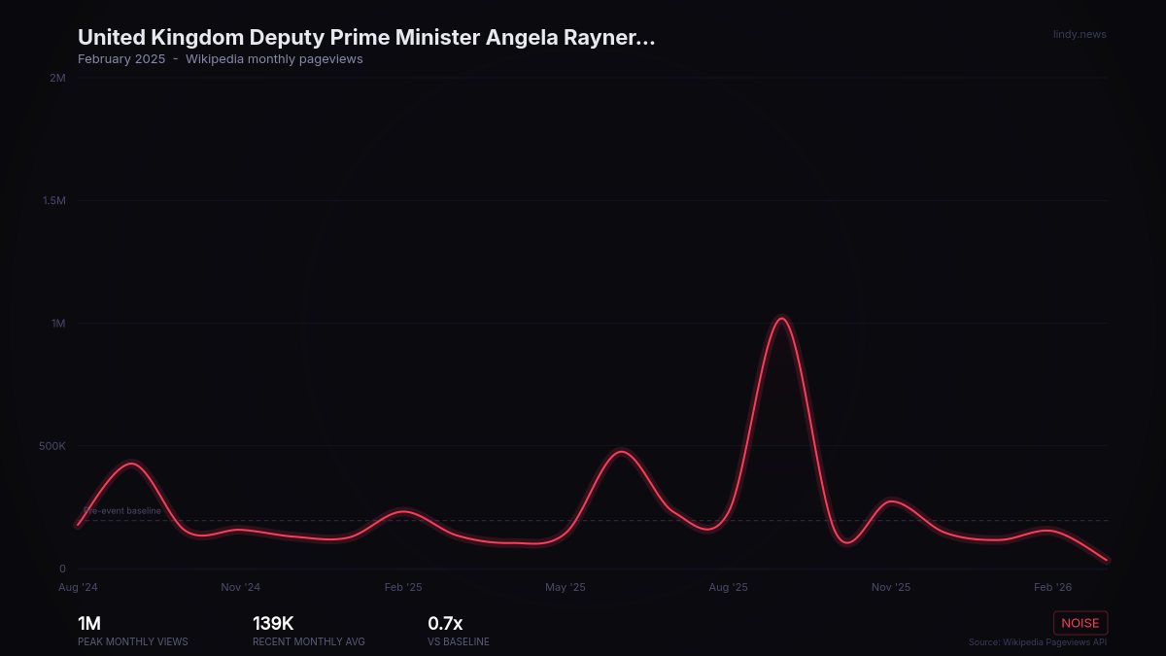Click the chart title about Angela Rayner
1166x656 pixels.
coord(366,38)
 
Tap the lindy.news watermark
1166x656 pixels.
coord(1080,35)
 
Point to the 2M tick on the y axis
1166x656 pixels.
coord(57,78)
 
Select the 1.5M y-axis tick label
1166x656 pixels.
coord(53,200)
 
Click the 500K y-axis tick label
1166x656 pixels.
coord(51,446)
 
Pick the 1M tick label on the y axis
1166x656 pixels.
coord(58,324)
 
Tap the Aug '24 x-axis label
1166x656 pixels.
coord(78,587)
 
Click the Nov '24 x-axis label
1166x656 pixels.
coord(240,587)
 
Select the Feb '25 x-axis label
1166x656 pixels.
coord(403,587)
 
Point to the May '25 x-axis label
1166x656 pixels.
coord(566,587)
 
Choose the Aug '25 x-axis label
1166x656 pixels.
coord(728,587)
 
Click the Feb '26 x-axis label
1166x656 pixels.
coord(1053,587)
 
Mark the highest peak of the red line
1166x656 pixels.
coord(781,319)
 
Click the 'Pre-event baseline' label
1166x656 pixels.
coord(122,510)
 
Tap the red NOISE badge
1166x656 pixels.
coord(1080,623)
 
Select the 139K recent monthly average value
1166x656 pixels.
coord(273,624)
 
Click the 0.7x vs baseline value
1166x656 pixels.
coord(445,624)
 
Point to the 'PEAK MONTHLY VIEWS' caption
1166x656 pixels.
coord(133,642)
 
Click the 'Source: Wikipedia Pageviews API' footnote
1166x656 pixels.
coord(1037,642)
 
